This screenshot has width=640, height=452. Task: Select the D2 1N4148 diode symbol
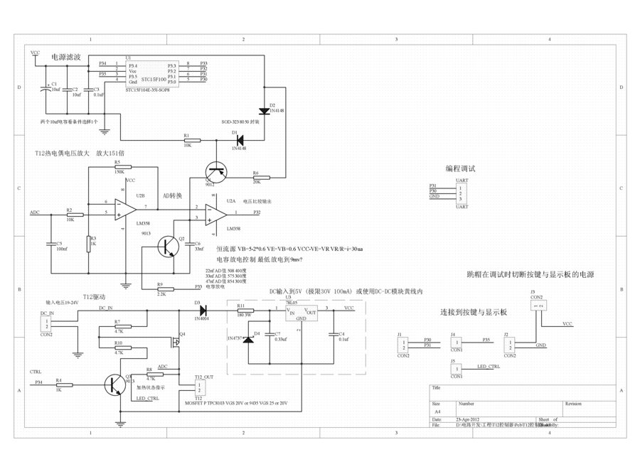click(265, 110)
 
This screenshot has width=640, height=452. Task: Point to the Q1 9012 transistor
click(214, 171)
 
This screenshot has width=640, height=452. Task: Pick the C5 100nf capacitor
click(50, 244)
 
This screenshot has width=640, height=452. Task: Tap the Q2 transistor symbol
click(169, 246)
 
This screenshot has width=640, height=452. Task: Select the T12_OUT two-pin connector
click(198, 388)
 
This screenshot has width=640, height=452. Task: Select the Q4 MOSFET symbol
click(176, 344)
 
